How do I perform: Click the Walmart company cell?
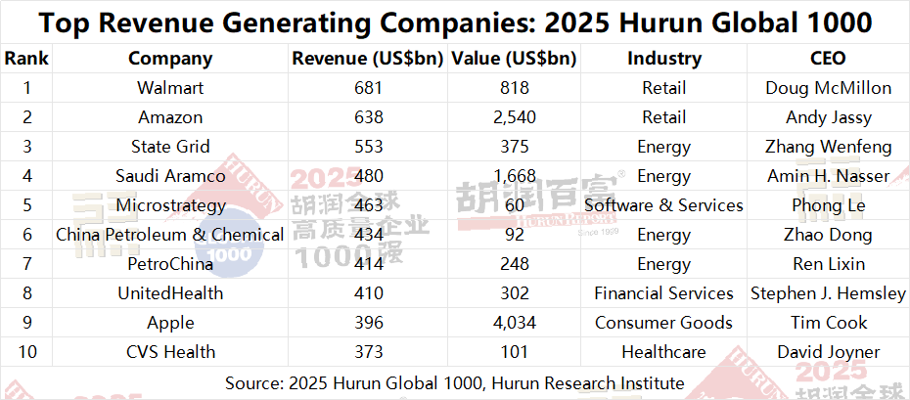tap(170, 88)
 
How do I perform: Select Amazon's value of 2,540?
tap(514, 117)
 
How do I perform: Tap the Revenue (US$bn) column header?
tap(368, 59)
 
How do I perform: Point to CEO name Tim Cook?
tap(828, 323)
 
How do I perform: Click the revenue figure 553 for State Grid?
tap(368, 147)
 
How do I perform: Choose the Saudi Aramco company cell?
tap(170, 176)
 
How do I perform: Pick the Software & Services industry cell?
tap(663, 205)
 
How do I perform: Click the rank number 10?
tap(26, 352)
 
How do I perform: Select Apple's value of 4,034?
tap(514, 323)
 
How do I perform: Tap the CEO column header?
tap(828, 59)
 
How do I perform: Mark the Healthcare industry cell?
tap(663, 352)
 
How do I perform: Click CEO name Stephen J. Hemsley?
tap(828, 293)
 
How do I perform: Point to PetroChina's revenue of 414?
tap(368, 264)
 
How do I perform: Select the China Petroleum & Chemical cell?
tap(170, 235)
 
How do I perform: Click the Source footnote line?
tap(454, 381)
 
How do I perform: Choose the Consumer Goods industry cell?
tap(663, 323)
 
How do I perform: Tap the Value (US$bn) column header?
tap(514, 59)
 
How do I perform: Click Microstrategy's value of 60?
tap(514, 205)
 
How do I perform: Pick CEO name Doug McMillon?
tap(828, 88)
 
